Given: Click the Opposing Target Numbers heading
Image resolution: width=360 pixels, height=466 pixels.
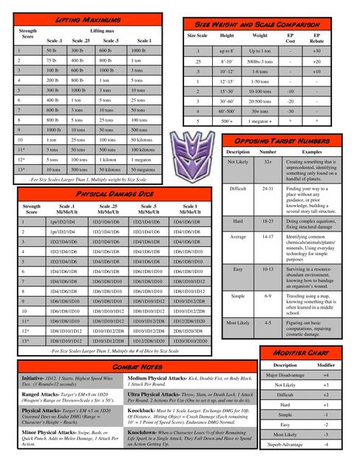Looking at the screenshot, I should [285, 141].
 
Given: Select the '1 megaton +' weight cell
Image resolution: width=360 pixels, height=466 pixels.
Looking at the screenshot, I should [260, 120].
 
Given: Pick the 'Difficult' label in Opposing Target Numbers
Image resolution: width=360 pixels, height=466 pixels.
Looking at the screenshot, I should [238, 189].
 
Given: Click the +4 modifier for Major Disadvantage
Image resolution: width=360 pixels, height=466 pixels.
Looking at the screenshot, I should [326, 375].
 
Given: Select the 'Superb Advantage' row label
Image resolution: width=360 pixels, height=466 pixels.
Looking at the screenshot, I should [285, 444].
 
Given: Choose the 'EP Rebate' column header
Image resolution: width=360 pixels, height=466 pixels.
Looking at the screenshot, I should [316, 38].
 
